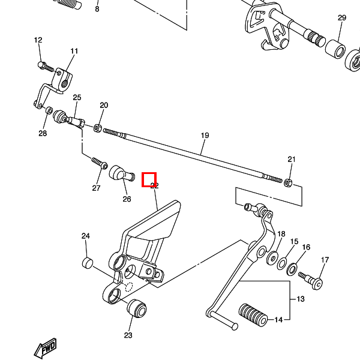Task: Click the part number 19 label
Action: click(x=205, y=136)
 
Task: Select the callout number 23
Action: click(x=128, y=335)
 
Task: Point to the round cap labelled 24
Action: click(x=88, y=263)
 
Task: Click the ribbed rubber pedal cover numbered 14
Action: click(x=253, y=315)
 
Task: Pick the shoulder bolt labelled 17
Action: click(x=311, y=280)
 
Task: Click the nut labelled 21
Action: click(x=287, y=182)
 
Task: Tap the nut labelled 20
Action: click(x=97, y=128)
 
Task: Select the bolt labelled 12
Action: click(x=46, y=67)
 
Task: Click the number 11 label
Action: click(x=74, y=51)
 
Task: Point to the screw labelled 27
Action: click(x=100, y=163)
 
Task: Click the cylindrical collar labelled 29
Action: click(x=335, y=49)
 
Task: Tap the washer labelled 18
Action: click(x=272, y=258)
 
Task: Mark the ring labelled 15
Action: click(x=282, y=263)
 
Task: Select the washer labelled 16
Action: click(x=292, y=269)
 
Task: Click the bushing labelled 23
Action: click(x=137, y=308)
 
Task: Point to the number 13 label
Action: click(x=301, y=299)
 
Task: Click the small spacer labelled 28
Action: click(x=49, y=110)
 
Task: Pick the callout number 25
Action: click(x=77, y=98)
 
